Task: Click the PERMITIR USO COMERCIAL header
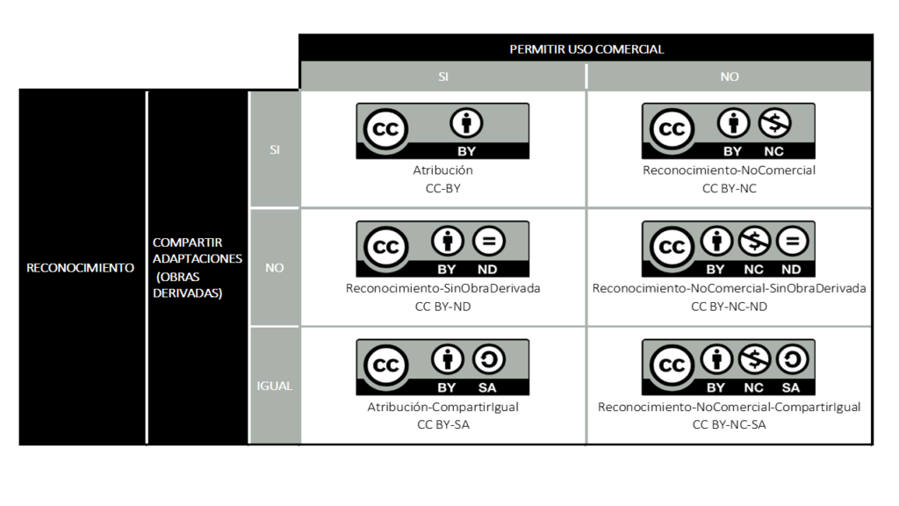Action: [586, 49]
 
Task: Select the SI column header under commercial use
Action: [443, 76]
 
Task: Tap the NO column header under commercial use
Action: [730, 76]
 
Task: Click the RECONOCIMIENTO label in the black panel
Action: [80, 268]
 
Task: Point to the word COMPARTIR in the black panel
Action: [188, 242]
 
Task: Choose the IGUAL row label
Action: [275, 386]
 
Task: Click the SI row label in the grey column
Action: [275, 149]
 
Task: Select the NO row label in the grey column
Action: [275, 268]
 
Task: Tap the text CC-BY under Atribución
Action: [443, 188]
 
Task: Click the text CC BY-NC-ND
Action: [730, 307]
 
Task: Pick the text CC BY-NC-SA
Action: [730, 424]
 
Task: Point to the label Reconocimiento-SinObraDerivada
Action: [443, 288]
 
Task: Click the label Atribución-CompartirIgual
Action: [443, 407]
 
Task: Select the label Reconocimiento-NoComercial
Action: [730, 170]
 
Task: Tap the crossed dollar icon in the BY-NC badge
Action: [774, 123]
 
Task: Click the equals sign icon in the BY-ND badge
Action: [488, 241]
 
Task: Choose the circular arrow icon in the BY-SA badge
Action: [488, 359]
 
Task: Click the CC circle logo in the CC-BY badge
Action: [385, 129]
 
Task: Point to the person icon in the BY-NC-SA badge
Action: [716, 359]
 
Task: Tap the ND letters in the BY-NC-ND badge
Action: [791, 270]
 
